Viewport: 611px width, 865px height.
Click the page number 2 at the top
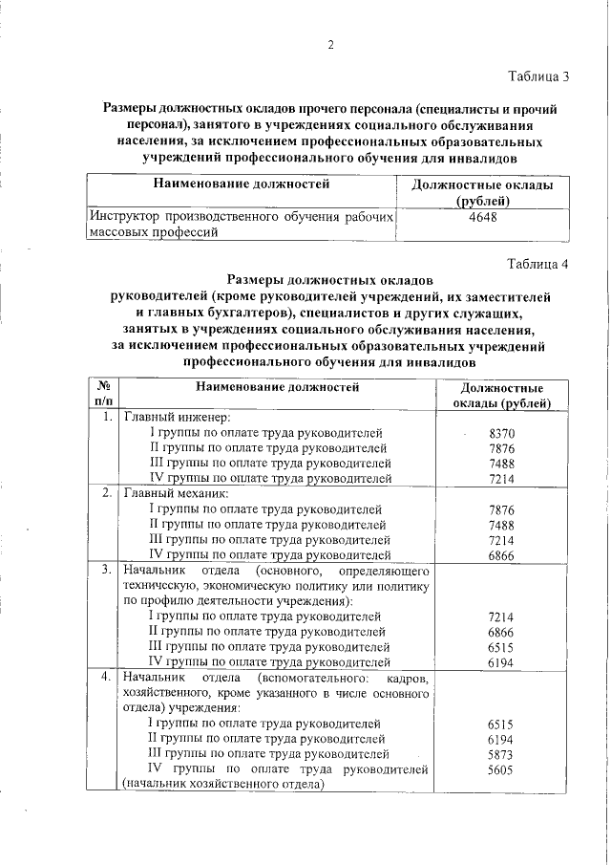tap(330, 45)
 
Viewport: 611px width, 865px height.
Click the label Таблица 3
tap(538, 76)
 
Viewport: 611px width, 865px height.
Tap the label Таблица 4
tap(538, 265)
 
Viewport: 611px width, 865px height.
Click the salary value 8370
tap(501, 434)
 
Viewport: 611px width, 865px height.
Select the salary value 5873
tap(501, 755)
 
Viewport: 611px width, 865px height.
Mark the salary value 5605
tap(501, 770)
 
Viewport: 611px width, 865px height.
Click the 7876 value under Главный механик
tap(501, 510)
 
